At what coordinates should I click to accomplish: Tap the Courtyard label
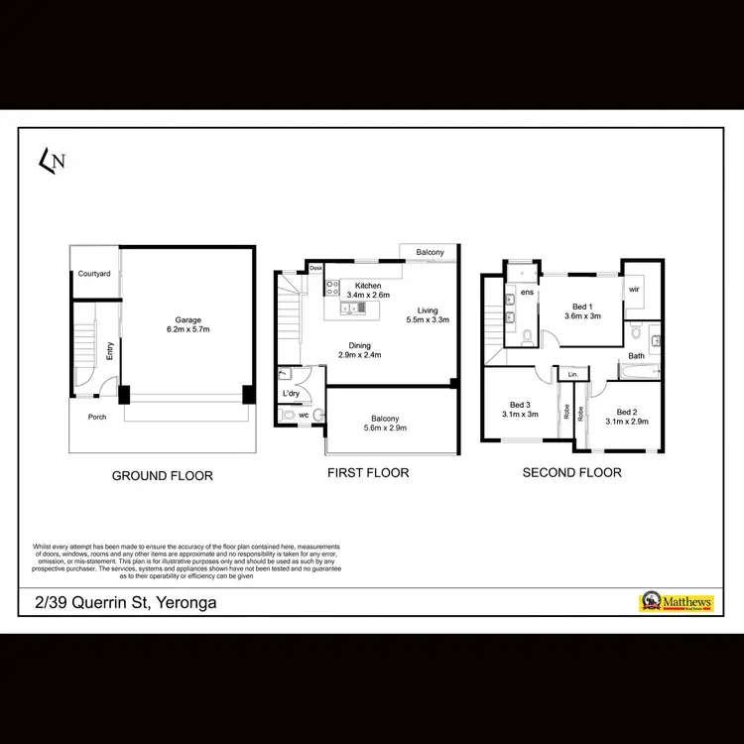pos(95,273)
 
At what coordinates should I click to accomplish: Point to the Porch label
pos(97,417)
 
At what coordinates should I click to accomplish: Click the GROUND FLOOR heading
pos(162,476)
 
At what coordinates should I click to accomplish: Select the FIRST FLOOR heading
pos(368,473)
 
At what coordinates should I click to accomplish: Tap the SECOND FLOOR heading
pos(572,473)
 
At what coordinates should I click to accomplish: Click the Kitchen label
pos(368,285)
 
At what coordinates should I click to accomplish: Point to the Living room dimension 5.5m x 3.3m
pos(429,319)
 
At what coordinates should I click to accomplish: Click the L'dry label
pos(292,394)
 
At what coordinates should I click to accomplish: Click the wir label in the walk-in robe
pos(634,289)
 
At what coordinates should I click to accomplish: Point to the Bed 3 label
pos(521,405)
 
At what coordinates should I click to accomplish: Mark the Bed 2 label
pos(627,412)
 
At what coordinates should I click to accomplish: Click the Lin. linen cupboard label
pos(572,374)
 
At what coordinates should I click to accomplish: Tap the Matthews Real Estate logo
pos(681,602)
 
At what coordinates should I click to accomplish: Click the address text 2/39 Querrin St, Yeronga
pos(118,602)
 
